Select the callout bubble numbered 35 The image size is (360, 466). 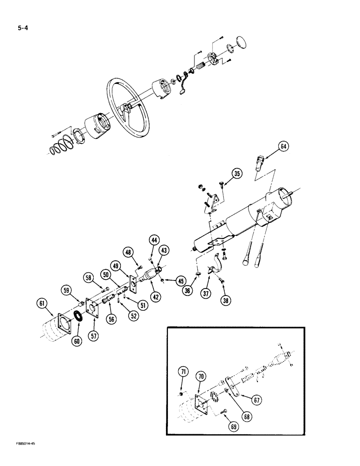coord(237,175)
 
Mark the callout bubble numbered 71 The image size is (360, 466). coord(183,371)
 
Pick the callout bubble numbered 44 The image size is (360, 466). coord(153,240)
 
